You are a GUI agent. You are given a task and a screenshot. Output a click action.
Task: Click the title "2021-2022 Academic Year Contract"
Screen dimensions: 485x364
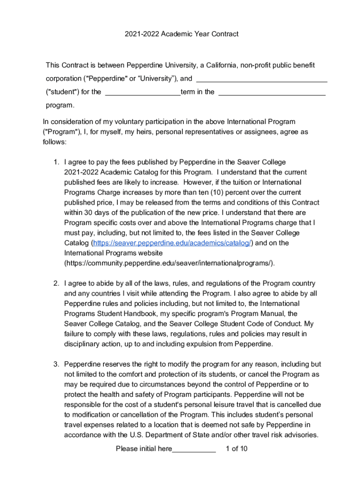click(x=182, y=34)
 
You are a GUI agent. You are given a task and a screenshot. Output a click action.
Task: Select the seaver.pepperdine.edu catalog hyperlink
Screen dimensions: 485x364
click(x=173, y=243)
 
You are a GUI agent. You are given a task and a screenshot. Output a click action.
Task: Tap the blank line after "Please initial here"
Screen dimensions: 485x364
click(x=194, y=449)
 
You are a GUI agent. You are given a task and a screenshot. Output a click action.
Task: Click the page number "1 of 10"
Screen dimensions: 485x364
click(x=237, y=449)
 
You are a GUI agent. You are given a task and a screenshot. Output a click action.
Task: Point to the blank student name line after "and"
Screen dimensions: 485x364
click(x=261, y=79)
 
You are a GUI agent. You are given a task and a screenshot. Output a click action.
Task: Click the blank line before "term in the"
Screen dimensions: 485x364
click(x=142, y=92)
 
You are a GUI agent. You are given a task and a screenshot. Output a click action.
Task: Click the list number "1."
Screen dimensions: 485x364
click(x=56, y=162)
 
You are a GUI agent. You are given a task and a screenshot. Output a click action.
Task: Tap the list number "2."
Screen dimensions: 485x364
click(x=56, y=283)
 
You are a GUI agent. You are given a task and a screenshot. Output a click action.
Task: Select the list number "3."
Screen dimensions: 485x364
click(x=56, y=364)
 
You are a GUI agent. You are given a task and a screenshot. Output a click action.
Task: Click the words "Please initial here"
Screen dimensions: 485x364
click(x=144, y=449)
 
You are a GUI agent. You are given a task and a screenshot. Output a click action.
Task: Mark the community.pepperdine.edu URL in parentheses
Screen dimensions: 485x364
click(x=169, y=263)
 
